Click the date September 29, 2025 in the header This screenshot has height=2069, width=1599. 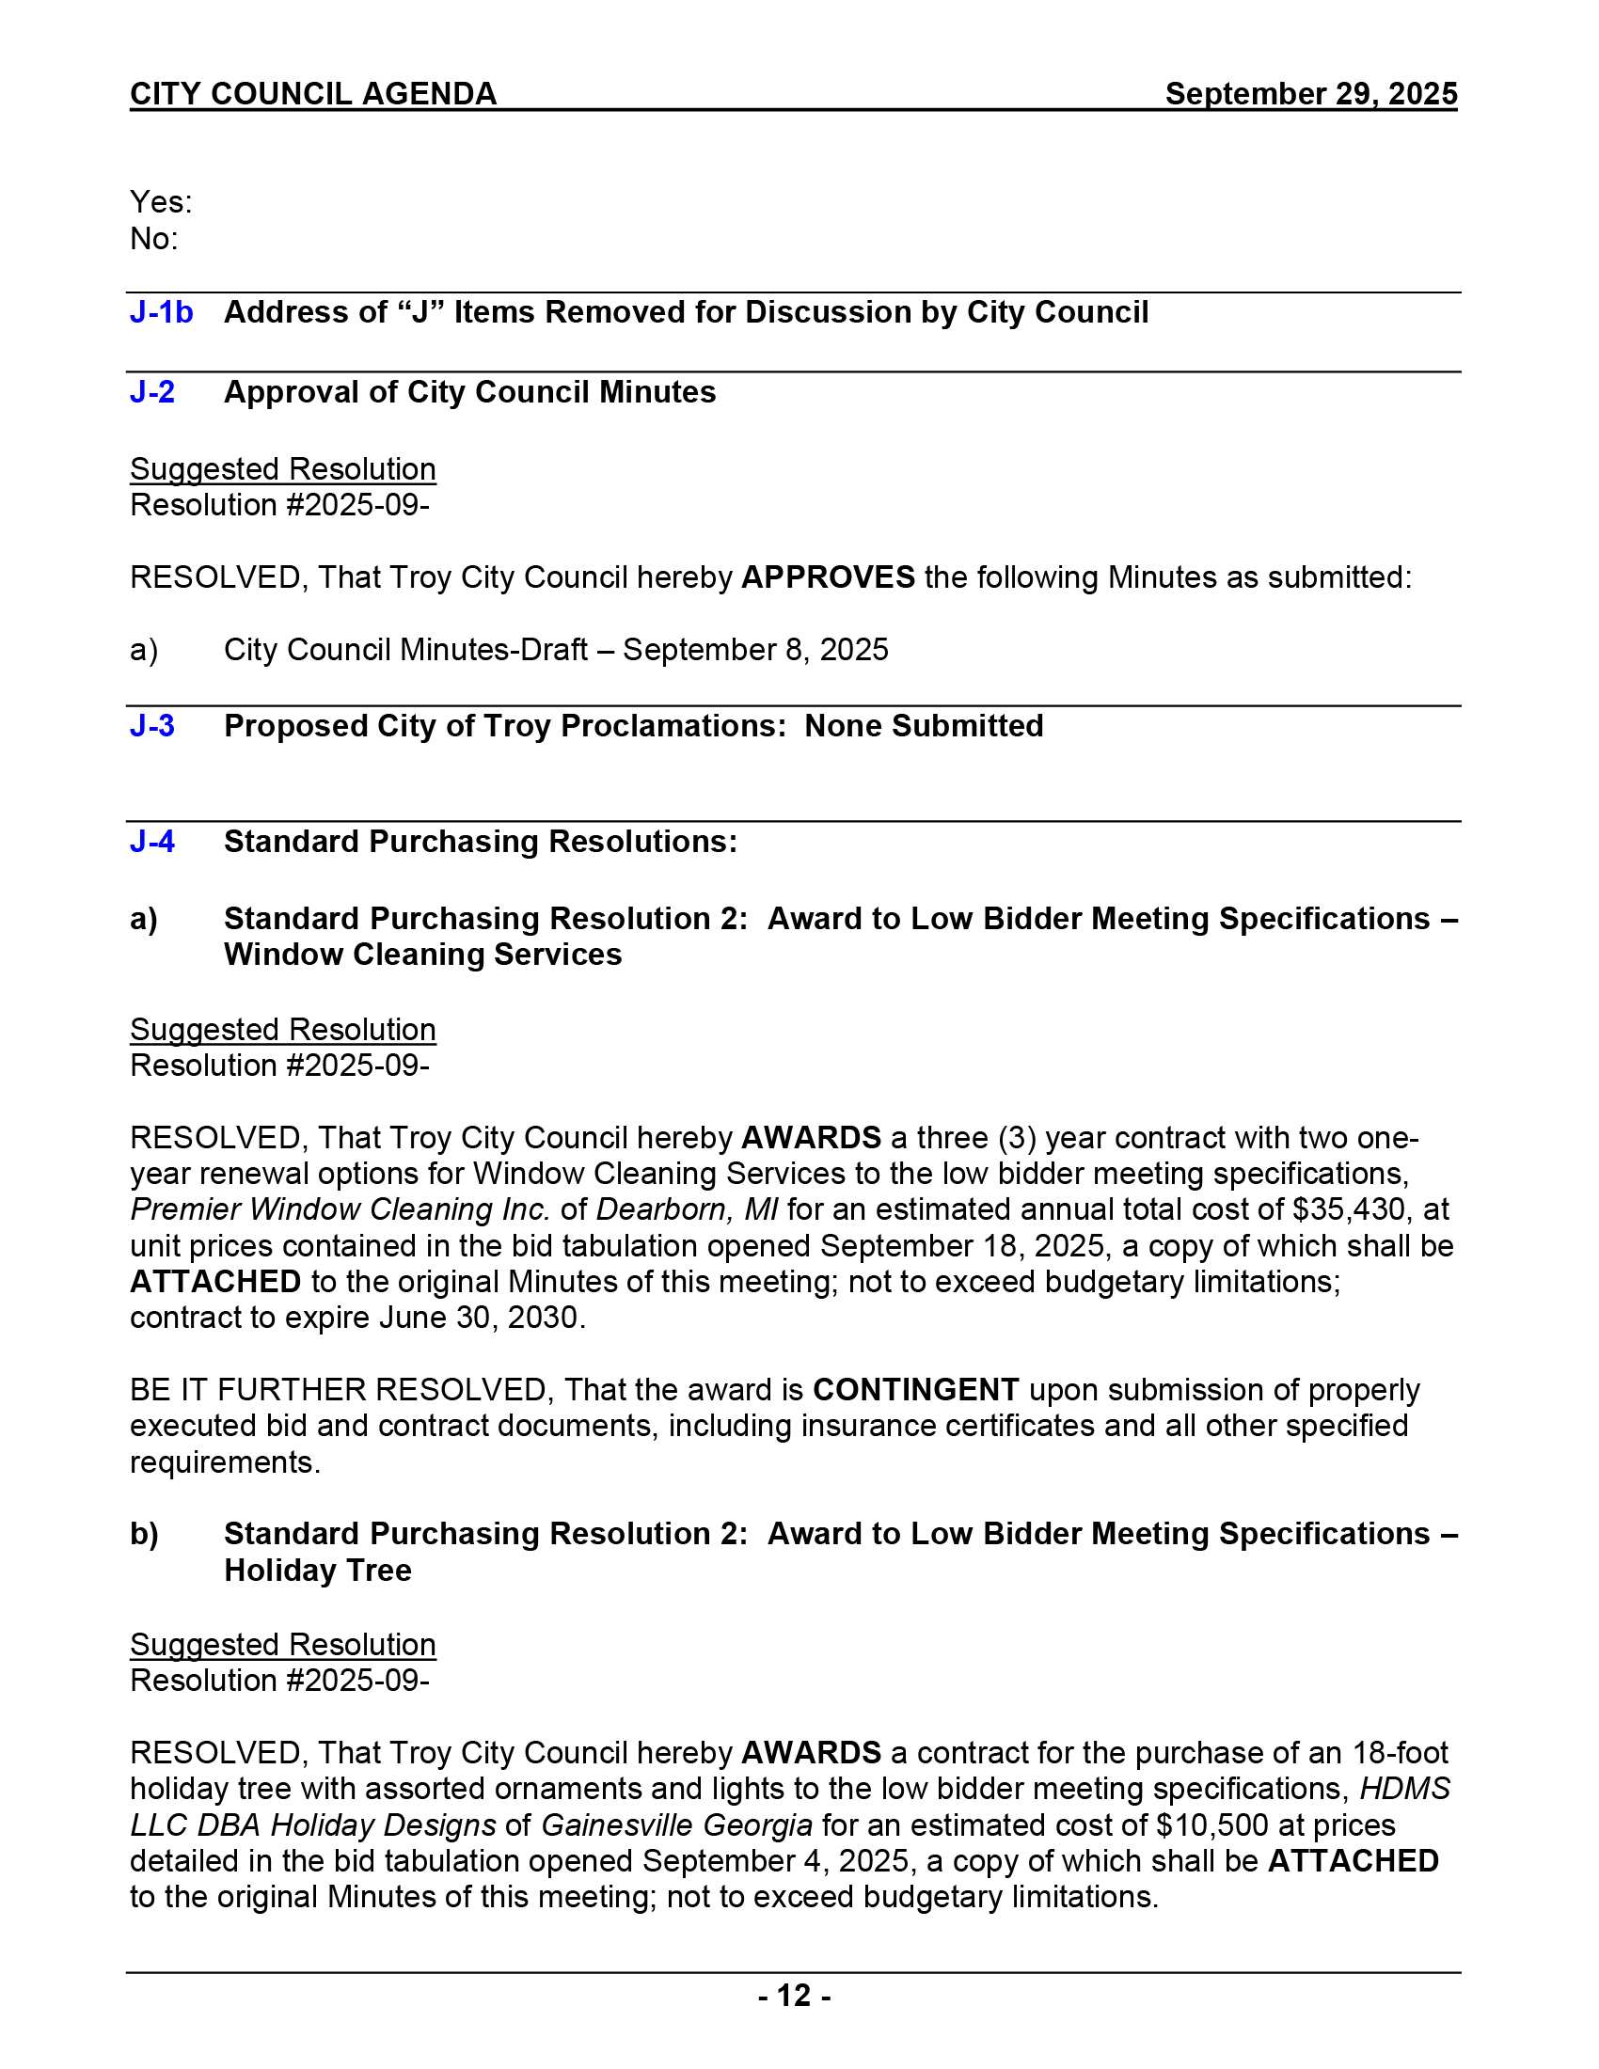click(x=1310, y=94)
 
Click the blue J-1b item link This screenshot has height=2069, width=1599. click(x=161, y=312)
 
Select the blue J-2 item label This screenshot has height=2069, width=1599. click(x=152, y=392)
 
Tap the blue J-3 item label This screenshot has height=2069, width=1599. click(x=152, y=726)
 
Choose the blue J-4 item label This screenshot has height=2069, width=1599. click(x=152, y=842)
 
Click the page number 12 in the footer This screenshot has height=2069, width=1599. click(x=794, y=1995)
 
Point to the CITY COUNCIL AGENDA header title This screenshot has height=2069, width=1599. click(x=312, y=94)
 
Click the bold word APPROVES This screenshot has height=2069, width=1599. click(x=827, y=576)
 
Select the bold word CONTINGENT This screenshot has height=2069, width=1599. click(x=915, y=1390)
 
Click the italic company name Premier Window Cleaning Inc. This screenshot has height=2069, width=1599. click(x=340, y=1209)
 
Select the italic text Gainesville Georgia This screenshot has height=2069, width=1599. click(x=676, y=1825)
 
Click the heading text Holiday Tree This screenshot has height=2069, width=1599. click(x=317, y=1571)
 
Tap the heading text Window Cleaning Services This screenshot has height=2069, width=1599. click(x=422, y=955)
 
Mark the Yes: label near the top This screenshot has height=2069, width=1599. click(x=161, y=202)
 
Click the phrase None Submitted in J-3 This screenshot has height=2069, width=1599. click(x=924, y=726)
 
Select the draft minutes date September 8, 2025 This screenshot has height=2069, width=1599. click(x=755, y=650)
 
